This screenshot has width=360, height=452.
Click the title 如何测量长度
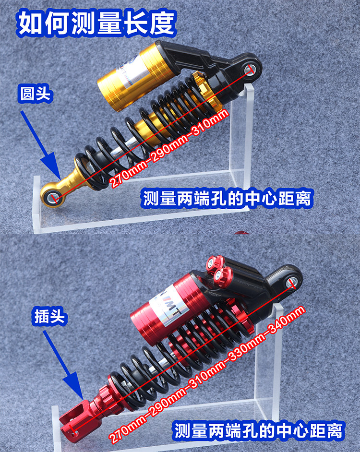(96, 23)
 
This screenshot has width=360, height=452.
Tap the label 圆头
(35, 94)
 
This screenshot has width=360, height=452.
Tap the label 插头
(49, 316)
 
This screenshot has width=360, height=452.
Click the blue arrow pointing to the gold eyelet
(40, 145)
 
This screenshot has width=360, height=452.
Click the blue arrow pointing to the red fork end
(63, 366)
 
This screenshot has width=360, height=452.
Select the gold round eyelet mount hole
(54, 198)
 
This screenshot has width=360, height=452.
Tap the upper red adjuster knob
(215, 263)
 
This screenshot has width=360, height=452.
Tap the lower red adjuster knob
(223, 275)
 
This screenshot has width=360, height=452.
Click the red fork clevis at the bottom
(75, 421)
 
